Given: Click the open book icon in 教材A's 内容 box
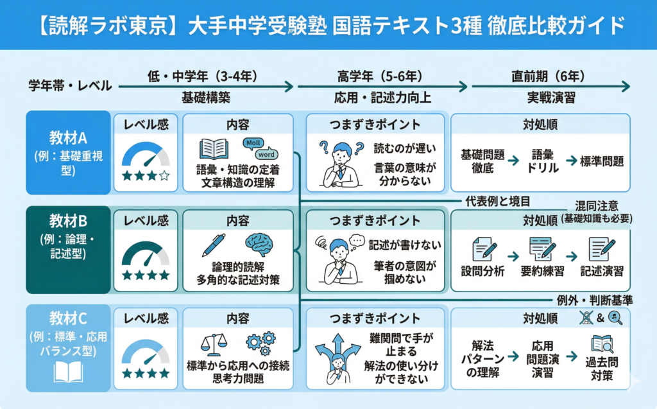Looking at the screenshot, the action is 214,149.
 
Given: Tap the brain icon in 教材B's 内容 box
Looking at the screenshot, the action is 259,245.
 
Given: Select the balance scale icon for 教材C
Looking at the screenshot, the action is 214,344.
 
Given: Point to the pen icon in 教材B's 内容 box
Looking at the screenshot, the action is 213,245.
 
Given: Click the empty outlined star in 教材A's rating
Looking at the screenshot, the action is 165,176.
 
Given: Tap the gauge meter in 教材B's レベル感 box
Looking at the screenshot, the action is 146,254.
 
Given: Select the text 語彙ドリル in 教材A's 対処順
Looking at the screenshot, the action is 543,161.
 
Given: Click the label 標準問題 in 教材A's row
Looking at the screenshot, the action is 602,161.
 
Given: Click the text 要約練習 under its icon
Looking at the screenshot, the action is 542,271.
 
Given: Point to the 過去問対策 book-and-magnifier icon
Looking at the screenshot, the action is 602,344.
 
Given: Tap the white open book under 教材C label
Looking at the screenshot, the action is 68,372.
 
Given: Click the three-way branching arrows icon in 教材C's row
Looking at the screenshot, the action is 337,359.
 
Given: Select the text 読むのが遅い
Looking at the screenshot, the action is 405,148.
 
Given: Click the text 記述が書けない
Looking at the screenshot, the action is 405,245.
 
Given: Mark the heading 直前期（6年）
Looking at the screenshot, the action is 548,76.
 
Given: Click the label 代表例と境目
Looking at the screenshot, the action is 498,202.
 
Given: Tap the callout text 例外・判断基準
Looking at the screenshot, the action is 595,300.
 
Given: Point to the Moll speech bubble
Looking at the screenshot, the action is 253,143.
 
